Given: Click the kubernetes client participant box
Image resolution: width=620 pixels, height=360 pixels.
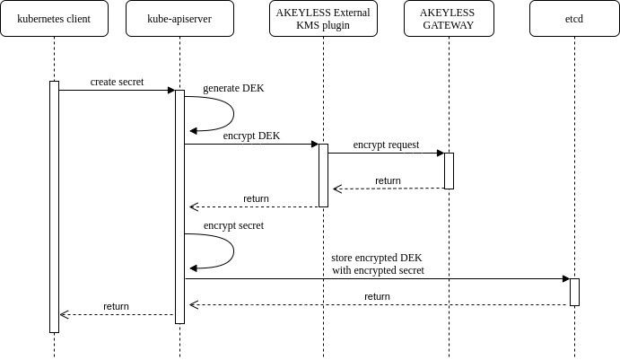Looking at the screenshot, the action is coord(54,19).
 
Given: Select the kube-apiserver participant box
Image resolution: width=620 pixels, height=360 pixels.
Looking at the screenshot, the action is coord(180,19).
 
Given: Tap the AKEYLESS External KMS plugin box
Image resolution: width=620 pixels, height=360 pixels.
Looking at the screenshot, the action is coord(323,19).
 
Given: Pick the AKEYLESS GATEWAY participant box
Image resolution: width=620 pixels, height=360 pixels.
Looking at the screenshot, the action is coord(449,19).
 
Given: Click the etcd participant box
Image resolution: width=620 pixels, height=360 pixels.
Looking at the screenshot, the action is coord(574,19).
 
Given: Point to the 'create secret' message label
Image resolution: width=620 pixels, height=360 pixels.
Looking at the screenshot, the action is coord(117,82).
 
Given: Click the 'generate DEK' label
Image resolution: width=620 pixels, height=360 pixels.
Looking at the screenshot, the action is coord(233,88).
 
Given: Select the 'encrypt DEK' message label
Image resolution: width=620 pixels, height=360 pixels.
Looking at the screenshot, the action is coord(251,136).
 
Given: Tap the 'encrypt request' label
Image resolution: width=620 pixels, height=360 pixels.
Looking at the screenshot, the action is coord(386,145).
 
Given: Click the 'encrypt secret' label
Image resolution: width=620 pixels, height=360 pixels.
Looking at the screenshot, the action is coord(233,225).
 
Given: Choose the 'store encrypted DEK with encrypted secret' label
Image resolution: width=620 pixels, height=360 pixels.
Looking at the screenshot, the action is coord(377,264).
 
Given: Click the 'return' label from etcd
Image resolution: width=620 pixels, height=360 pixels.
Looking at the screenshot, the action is coord(377,296).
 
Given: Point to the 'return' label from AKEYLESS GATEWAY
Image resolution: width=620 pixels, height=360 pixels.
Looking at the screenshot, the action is coord(388,180).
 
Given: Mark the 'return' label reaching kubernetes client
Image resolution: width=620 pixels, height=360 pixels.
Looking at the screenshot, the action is coord(117,307).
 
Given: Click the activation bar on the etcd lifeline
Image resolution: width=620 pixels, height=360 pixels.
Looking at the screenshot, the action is coord(574,293).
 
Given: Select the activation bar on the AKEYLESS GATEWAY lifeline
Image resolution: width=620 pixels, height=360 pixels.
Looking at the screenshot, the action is coord(449,171).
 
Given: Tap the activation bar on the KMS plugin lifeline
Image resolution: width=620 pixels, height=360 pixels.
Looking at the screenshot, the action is coord(323,175).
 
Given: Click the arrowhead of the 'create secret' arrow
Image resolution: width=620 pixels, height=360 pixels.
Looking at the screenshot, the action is coord(171,90).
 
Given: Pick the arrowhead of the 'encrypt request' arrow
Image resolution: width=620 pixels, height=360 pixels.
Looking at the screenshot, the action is coord(441,154).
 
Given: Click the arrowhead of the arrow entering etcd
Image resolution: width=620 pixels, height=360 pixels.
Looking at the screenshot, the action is coord(566,279).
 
